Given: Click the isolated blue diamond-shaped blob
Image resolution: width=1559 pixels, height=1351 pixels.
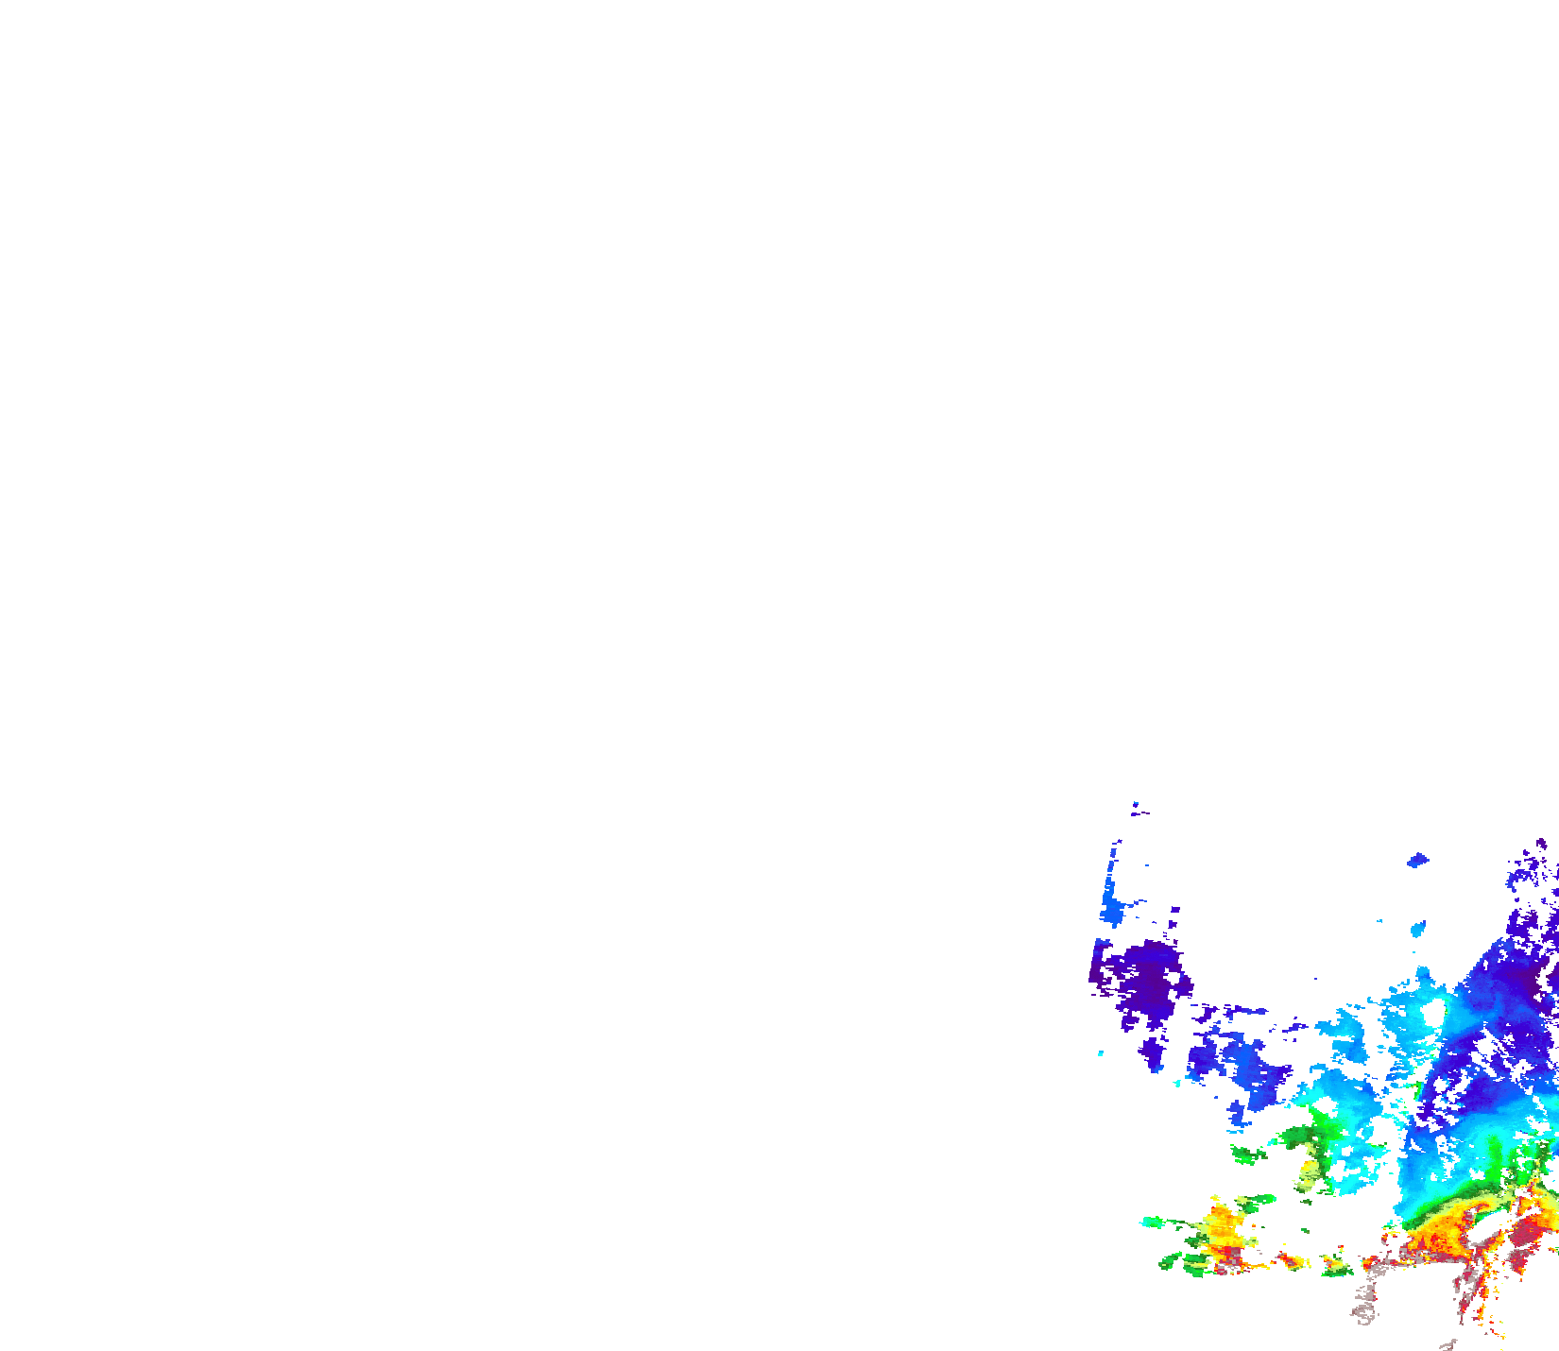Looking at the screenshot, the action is (1417, 860).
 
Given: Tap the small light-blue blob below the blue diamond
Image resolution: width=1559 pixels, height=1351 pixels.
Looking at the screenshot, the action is (1418, 928).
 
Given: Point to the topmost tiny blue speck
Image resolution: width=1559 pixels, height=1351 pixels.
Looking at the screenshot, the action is (1135, 805).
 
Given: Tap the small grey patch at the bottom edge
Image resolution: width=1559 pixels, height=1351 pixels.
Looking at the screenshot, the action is (1447, 1345).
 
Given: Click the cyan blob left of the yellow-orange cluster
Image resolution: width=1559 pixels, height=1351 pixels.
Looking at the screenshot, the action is (1152, 1222).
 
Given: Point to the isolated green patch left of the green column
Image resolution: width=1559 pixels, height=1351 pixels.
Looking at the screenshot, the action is (1247, 1154).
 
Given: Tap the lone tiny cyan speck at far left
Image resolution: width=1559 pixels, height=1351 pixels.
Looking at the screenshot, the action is (1101, 1053).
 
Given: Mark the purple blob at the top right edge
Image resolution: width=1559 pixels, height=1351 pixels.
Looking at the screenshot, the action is (1541, 844).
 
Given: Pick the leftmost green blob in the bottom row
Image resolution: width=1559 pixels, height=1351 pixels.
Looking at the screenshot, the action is (1171, 1260).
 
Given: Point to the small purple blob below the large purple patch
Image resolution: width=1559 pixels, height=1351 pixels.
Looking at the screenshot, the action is (1152, 1052).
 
